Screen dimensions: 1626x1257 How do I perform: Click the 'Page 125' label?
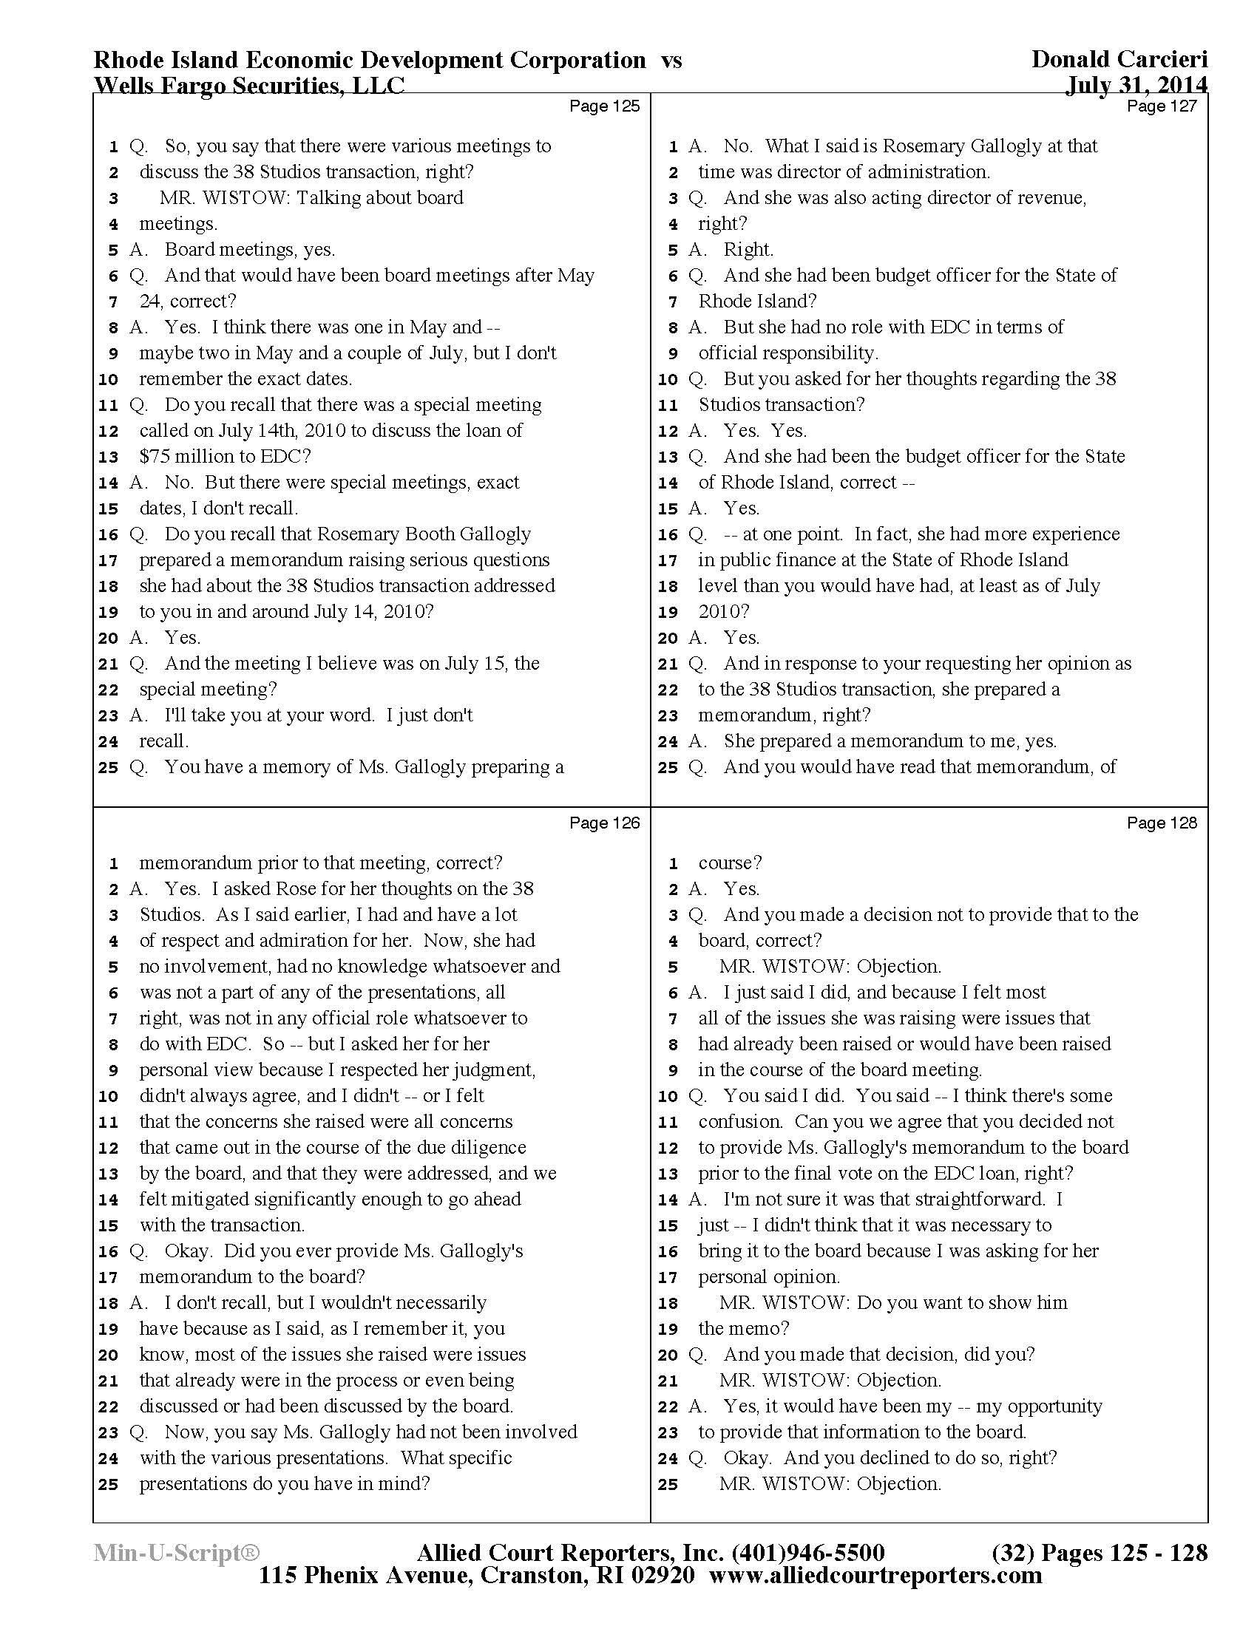604,106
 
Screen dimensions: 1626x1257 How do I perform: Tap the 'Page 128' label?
1162,823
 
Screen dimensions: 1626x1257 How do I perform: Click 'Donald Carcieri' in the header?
1119,60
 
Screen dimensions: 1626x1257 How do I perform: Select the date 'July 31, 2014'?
1136,86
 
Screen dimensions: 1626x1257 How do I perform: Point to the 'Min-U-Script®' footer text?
177,1553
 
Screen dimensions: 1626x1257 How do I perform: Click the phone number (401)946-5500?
809,1553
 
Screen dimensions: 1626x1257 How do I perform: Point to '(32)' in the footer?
1013,1553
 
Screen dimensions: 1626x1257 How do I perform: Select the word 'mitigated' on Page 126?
213,1200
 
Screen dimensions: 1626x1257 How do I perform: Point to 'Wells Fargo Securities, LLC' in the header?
248,86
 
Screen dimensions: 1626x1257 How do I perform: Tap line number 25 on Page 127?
668,768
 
